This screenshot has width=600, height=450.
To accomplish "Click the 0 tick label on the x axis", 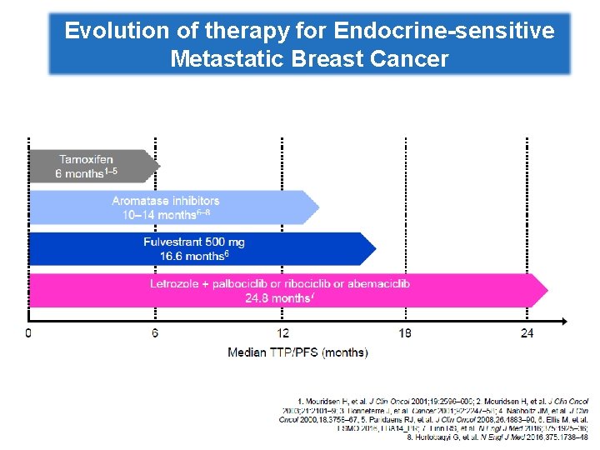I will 29,333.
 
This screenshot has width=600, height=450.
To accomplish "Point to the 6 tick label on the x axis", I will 156,333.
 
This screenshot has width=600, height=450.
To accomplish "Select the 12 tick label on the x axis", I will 283,333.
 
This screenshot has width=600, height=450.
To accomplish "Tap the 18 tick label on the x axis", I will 405,333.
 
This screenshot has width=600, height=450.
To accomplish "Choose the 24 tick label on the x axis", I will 527,333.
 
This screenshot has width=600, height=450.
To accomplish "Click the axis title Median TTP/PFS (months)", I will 297,352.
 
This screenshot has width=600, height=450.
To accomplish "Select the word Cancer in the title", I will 408,59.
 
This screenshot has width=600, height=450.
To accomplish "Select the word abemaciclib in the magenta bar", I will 377,284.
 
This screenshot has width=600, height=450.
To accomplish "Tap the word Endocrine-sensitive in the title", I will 443,32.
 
